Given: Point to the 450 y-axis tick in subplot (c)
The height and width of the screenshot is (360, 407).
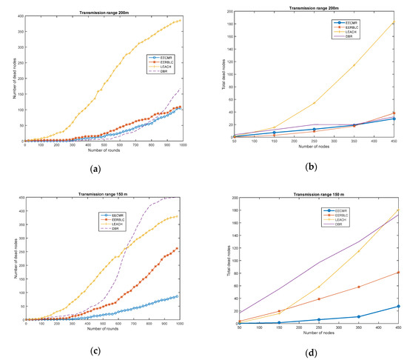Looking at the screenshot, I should (x=19, y=198).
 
